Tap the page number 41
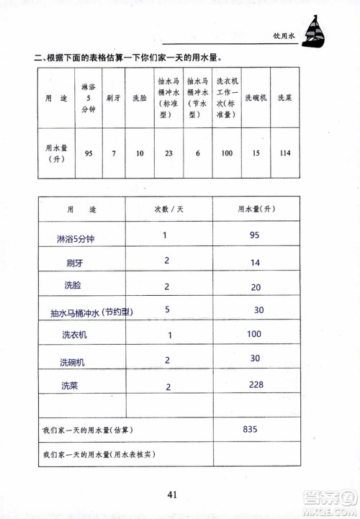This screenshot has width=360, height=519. point(172,494)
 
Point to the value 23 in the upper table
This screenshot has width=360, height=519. point(168,153)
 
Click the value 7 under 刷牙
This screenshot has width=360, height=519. point(113,153)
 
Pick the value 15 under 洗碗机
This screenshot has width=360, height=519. point(255,153)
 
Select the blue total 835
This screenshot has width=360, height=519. point(251,429)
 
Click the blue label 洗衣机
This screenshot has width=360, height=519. point(74,335)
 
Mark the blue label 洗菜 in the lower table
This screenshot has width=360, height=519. point(70,386)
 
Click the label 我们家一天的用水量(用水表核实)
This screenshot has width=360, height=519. point(99,455)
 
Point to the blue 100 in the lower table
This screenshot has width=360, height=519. point(254,335)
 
